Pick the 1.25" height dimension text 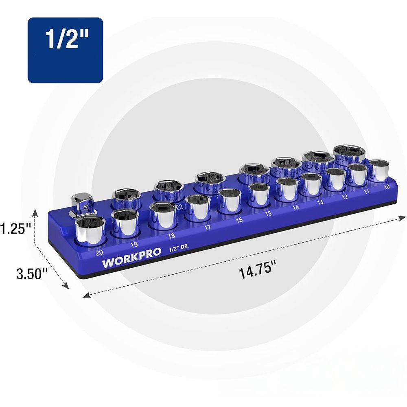pyautogui.click(x=15, y=229)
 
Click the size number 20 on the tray pyautogui.click(x=99, y=252)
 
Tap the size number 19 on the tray pyautogui.click(x=134, y=245)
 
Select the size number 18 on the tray pyautogui.click(x=171, y=236)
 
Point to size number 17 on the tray pyautogui.click(x=208, y=228)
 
